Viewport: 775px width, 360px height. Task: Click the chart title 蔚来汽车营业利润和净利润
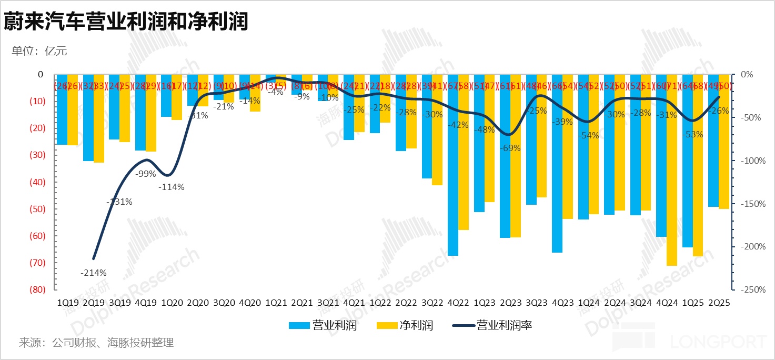(126, 22)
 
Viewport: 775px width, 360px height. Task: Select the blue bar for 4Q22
(453, 165)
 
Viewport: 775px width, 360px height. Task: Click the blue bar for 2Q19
(88, 118)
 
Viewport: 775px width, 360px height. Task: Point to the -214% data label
(94, 273)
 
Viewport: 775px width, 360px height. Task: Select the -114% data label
(172, 187)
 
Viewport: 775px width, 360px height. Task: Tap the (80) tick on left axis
(37, 289)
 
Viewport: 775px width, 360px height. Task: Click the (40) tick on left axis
(37, 182)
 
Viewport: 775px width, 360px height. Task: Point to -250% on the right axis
(753, 289)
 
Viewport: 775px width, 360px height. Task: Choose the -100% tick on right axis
(753, 161)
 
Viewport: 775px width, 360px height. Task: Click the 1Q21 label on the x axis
(276, 303)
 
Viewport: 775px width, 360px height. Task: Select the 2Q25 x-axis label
(719, 303)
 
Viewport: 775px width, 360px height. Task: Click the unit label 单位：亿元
(39, 51)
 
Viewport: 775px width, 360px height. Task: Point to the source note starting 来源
(96, 343)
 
